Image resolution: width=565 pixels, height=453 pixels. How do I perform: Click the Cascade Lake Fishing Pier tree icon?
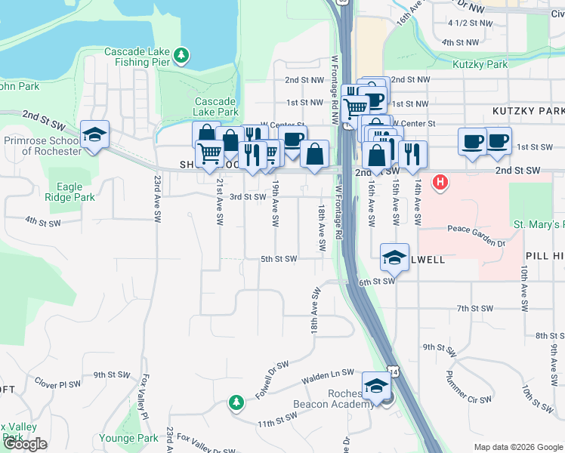pos(181,55)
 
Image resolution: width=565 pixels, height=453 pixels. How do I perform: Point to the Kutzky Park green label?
pos(480,65)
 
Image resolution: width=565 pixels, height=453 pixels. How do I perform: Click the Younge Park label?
pos(128,438)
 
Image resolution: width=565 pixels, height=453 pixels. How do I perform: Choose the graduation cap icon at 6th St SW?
pos(394,257)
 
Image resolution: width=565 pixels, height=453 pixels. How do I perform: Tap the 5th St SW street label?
pos(279,259)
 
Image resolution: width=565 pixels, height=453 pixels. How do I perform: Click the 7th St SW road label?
pos(474,308)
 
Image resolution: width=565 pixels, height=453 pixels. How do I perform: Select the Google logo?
pos(25,444)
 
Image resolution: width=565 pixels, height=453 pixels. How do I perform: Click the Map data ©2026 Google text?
pos(518,447)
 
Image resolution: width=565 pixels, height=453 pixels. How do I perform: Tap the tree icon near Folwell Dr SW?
pos(236,402)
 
